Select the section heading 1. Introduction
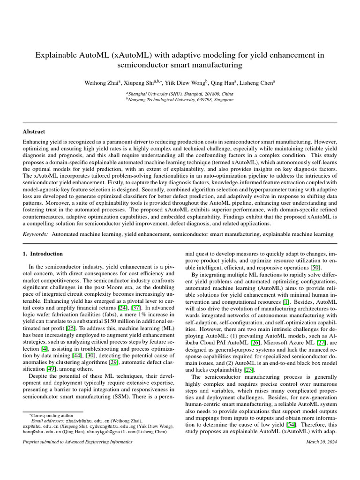tap(43, 254)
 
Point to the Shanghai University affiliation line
tap(180, 94)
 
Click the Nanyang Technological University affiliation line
tap(180, 100)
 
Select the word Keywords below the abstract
tap(36, 233)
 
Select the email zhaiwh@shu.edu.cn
tap(90, 421)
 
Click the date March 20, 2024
tap(321, 442)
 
